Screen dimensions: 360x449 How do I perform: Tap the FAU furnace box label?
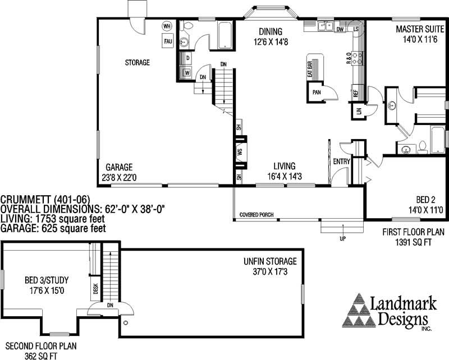tap(167, 40)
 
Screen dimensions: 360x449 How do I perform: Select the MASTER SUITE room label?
tap(417, 29)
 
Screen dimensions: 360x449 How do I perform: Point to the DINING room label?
tap(271, 31)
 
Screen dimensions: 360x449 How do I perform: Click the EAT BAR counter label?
tap(310, 68)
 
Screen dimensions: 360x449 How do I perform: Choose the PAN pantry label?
tap(317, 92)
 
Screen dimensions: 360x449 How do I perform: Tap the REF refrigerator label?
tap(355, 93)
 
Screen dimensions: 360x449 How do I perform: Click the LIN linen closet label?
tap(358, 110)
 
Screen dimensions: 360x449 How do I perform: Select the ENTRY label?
tap(341, 161)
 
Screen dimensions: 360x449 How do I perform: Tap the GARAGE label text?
tap(119, 167)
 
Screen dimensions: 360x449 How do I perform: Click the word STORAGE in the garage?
tap(137, 63)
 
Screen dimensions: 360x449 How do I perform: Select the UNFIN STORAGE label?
tap(269, 261)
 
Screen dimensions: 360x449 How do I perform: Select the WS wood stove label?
tap(240, 152)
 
